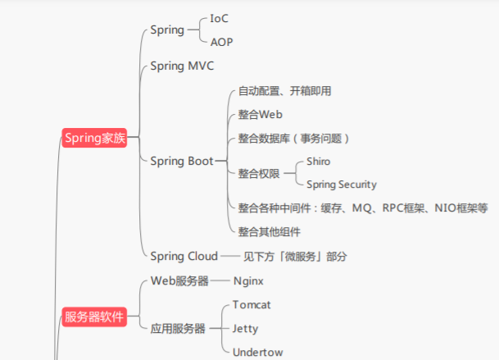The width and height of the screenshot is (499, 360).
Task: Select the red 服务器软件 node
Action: coord(95,317)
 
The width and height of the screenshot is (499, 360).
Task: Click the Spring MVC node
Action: coord(182,66)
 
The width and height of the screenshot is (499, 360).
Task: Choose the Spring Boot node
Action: coord(182,161)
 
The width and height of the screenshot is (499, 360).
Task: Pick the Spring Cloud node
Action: coord(184,256)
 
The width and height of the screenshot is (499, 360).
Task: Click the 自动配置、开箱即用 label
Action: coord(285,91)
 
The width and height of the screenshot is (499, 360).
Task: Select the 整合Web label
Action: coord(260,114)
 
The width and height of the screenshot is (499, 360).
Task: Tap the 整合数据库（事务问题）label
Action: coord(295,138)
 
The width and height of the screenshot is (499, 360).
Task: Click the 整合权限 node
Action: coord(259,173)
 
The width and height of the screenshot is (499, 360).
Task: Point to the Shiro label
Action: coord(319,162)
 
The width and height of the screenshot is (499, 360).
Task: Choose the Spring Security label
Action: coord(342,185)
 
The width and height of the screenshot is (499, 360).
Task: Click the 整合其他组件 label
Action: coord(270,231)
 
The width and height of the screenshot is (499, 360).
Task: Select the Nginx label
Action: coord(248,280)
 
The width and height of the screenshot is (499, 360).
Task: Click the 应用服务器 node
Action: coord(178,328)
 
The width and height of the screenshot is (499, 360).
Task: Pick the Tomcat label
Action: coord(252,304)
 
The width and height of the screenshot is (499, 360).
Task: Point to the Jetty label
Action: coord(245,328)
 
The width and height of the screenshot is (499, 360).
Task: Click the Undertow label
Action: coord(257,352)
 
